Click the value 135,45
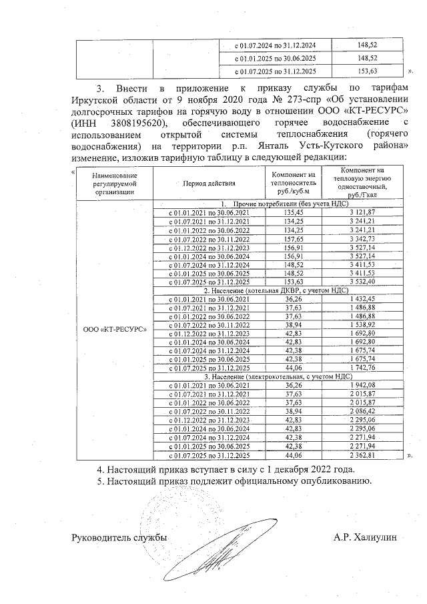(293, 212)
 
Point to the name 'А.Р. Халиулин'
(364, 537)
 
